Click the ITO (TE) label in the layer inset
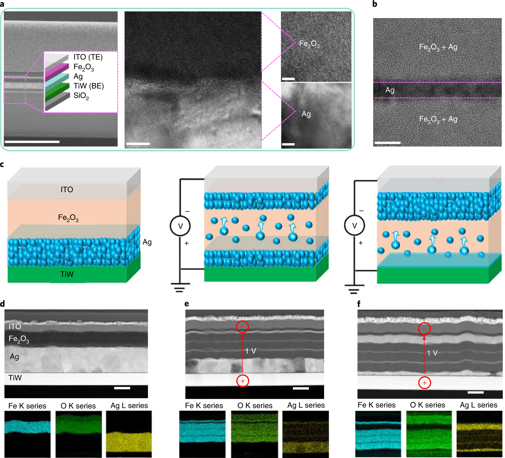point(88,57)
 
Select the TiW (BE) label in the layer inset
point(88,86)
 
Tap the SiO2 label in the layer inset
point(81,96)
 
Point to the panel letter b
point(375,4)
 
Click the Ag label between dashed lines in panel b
point(390,90)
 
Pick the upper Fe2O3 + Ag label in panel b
point(438,47)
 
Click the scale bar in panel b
point(387,143)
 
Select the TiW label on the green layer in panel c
point(67,274)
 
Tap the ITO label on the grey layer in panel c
point(67,190)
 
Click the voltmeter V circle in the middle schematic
point(180,226)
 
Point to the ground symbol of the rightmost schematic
point(354,289)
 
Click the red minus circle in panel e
point(242,327)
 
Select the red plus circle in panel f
point(425,383)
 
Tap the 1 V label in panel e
point(250,351)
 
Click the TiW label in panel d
point(15,378)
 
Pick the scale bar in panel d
point(122,388)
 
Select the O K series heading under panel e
point(255,405)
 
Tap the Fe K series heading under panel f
point(376,405)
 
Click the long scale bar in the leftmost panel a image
point(32,142)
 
